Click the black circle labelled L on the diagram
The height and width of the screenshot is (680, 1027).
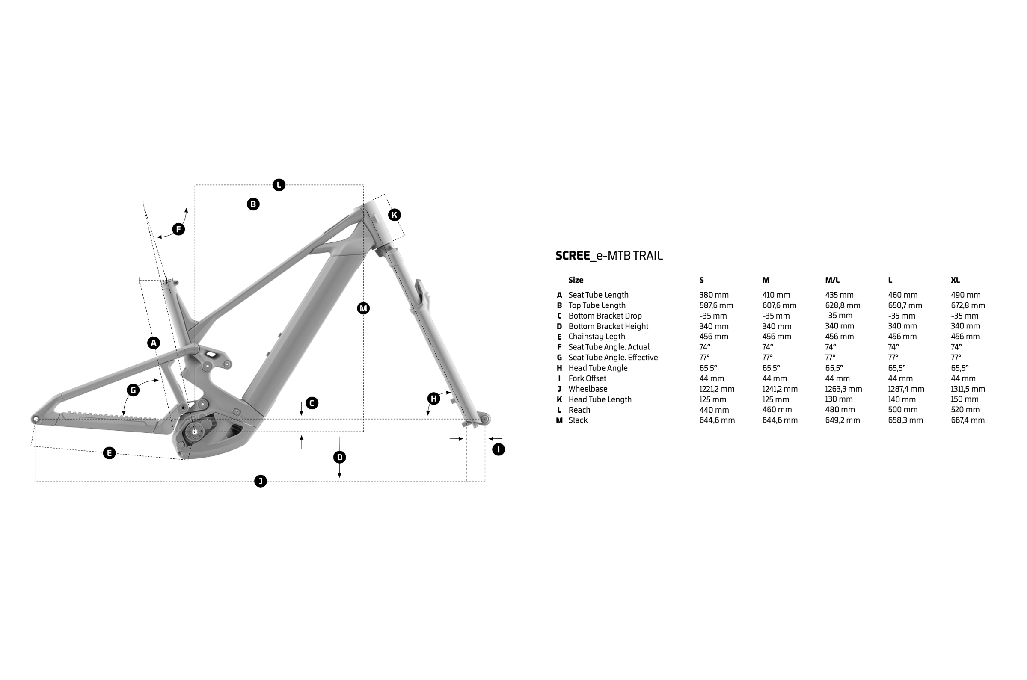279,185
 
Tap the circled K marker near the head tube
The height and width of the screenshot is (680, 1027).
394,215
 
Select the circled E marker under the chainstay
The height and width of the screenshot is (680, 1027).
110,453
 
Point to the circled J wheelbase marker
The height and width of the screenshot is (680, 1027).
260,481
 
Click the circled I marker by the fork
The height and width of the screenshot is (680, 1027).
498,449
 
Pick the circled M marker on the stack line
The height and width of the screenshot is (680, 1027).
363,308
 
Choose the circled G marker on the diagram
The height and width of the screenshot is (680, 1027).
133,390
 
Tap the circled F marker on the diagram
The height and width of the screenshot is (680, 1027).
178,229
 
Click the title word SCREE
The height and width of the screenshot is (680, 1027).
572,255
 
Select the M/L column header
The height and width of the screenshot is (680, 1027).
832,280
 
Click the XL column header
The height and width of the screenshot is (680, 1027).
955,280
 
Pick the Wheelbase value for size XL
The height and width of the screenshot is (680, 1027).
968,389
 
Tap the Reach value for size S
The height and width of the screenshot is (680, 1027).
714,410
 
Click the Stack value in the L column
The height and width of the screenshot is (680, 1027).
905,420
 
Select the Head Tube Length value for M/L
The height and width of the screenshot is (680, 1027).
839,399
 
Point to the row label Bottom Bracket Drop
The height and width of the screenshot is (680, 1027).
605,316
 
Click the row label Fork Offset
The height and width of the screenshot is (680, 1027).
587,378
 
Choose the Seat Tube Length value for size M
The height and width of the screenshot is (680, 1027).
776,295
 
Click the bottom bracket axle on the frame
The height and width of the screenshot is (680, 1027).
194,432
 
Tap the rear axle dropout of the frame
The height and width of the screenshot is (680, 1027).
36,420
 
